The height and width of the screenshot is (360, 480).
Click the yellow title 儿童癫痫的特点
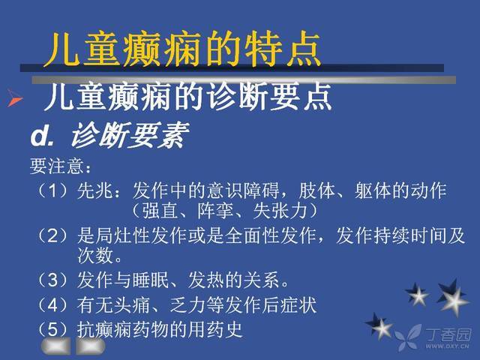182,49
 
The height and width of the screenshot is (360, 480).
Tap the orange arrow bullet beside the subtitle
14,98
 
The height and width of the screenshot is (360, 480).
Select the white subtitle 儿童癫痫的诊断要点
188,97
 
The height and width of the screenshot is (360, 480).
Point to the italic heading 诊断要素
130,135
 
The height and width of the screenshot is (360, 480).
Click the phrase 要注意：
61,166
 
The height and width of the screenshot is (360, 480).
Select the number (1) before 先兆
52,190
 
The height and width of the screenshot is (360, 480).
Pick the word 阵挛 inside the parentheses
216,211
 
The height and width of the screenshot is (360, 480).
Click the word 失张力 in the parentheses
280,211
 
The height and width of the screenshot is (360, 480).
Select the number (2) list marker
52,236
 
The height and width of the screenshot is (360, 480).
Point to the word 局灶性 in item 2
122,236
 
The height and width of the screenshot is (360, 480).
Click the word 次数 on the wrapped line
95,256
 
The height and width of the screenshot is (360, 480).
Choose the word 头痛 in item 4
132,305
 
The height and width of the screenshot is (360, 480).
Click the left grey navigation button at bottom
56,346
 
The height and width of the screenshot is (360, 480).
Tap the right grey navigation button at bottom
91,346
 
